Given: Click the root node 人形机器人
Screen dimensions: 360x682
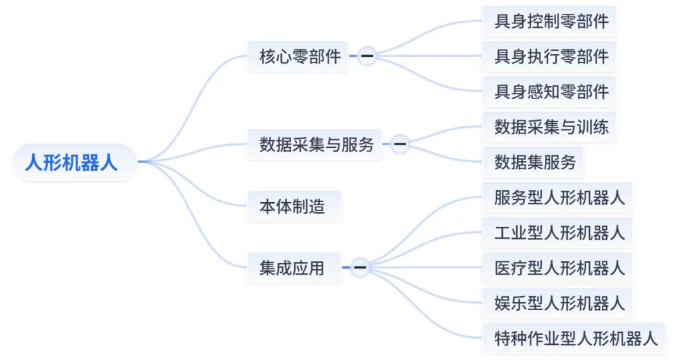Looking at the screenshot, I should [x=71, y=162].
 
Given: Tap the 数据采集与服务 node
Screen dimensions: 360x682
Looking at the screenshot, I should [x=316, y=145].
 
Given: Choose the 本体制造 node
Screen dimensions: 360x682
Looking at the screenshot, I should [x=292, y=207].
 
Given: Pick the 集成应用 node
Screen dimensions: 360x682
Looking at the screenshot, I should [x=292, y=268].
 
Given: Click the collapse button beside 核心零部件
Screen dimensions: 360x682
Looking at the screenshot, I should [x=366, y=57].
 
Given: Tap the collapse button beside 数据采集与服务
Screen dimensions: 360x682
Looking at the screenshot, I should [x=400, y=145].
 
